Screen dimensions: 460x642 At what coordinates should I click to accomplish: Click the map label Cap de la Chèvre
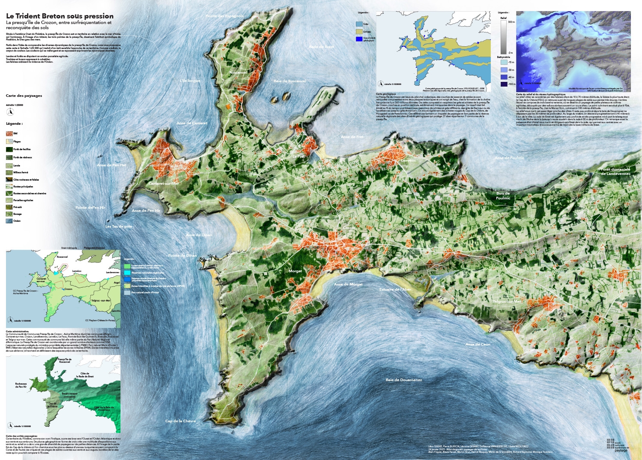click(x=180, y=421)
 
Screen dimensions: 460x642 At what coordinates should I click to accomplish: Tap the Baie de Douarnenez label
click(x=403, y=380)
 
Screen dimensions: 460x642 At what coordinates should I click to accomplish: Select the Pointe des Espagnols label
click(x=224, y=16)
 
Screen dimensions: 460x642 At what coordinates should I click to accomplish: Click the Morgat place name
click(x=295, y=271)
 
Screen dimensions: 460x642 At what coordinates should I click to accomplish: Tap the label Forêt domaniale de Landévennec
click(x=615, y=171)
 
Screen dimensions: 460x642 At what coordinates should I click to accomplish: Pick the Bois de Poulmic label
click(x=503, y=196)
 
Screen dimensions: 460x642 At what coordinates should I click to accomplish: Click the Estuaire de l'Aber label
click(x=395, y=290)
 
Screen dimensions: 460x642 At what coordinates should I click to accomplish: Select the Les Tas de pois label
click(x=119, y=226)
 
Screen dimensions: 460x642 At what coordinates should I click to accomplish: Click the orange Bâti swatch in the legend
click(x=9, y=134)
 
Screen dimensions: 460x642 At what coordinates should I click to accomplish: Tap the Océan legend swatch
click(x=9, y=221)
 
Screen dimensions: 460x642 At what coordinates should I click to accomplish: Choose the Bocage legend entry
click(x=9, y=214)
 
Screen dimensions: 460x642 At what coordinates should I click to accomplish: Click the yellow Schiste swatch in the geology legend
click(x=359, y=32)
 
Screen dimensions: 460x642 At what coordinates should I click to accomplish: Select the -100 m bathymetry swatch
click(x=503, y=84)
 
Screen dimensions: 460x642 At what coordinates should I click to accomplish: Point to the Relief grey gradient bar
click(x=503, y=37)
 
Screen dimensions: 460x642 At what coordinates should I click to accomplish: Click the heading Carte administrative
click(x=17, y=331)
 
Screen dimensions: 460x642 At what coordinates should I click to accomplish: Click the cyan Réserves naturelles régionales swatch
click(x=127, y=273)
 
